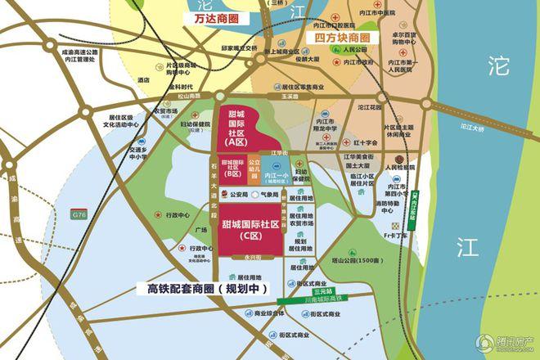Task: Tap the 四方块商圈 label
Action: (x=337, y=38)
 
